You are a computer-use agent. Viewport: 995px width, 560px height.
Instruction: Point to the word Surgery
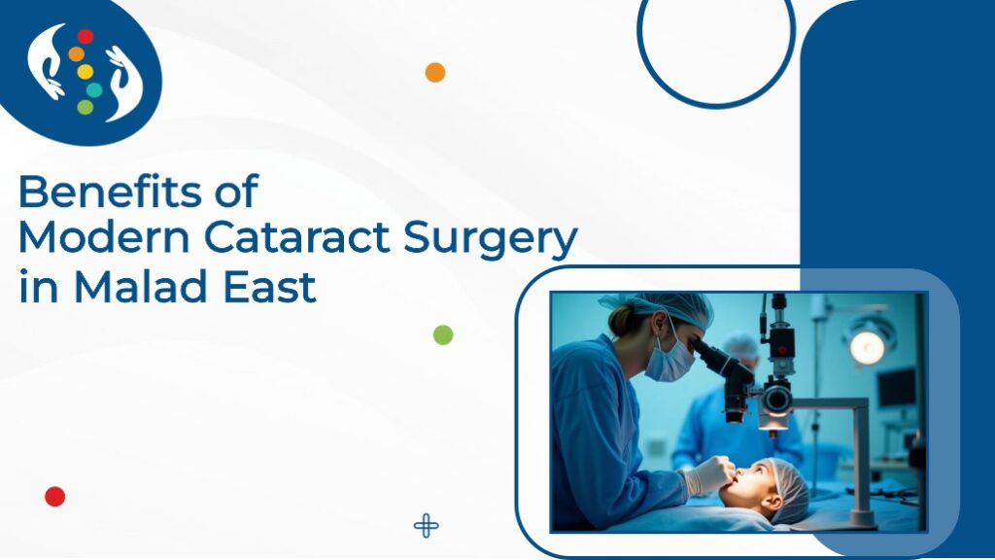coord(491,241)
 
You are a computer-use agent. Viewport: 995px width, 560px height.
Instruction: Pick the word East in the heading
coord(270,287)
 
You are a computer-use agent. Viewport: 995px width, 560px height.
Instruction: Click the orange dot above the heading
coord(435,72)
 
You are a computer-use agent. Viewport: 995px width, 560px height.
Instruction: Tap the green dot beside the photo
coord(443,334)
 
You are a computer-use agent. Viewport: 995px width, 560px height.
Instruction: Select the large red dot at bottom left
coord(55,497)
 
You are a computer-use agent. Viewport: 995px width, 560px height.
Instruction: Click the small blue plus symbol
coord(426,526)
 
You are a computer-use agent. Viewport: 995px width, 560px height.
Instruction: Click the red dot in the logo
coord(86,37)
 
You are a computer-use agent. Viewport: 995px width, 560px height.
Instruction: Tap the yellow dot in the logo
coord(86,72)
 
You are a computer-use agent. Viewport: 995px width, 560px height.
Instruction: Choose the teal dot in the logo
coord(94,89)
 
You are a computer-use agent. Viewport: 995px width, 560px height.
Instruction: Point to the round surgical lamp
coord(867,347)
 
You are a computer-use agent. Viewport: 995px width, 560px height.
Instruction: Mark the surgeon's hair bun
coord(621,321)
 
